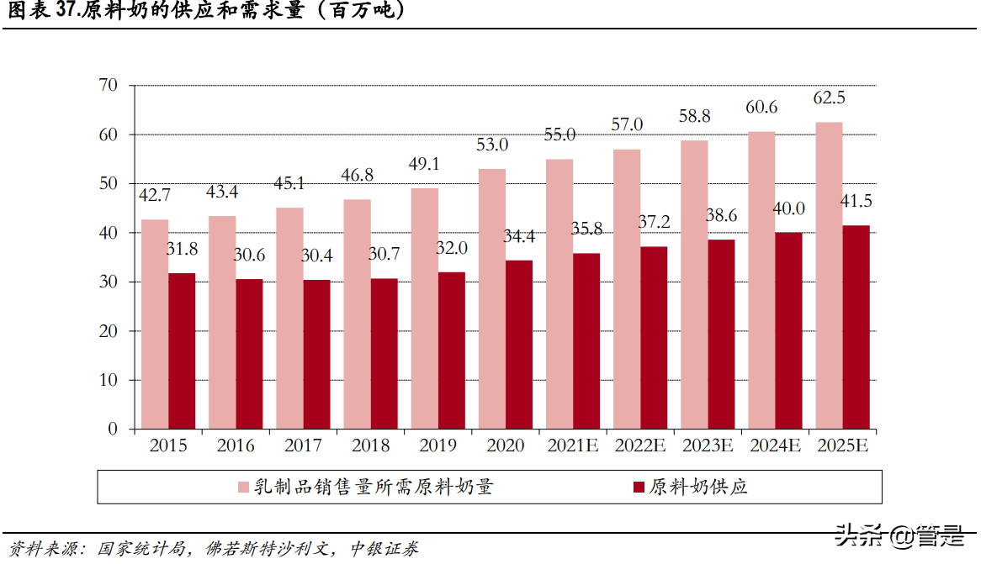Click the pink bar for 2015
(x=155, y=324)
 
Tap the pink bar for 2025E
(x=829, y=276)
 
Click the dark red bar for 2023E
(x=721, y=335)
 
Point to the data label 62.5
(x=829, y=98)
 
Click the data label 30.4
(x=317, y=256)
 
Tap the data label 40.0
(x=788, y=209)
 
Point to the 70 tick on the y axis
(x=108, y=86)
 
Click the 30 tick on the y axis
(x=108, y=282)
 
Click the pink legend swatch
(x=243, y=488)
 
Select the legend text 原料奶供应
(x=697, y=488)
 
